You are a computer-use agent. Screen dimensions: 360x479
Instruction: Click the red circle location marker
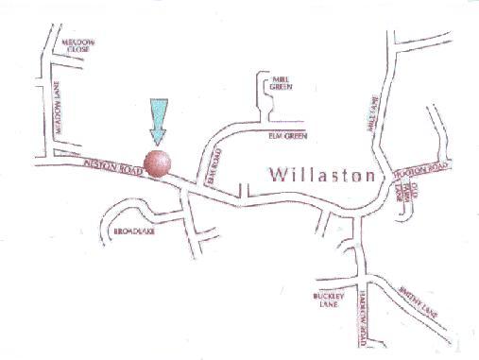[x=158, y=163]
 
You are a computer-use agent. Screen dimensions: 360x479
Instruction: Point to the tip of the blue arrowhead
[x=156, y=142]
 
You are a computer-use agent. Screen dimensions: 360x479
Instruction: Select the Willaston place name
[x=322, y=176]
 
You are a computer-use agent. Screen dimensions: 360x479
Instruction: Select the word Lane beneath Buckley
[x=326, y=305]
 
